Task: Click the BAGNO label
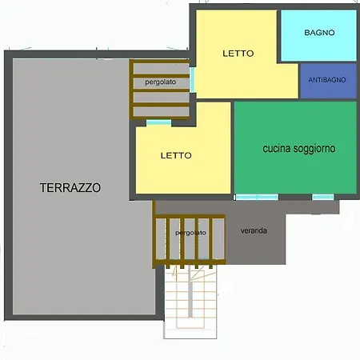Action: tap(319, 33)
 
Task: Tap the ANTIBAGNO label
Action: tap(327, 80)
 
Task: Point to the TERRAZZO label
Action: tap(70, 188)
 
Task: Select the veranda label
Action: tap(254, 230)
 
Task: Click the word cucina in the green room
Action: tap(277, 149)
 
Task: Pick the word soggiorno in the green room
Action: tap(314, 149)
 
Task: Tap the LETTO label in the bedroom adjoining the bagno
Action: tap(238, 54)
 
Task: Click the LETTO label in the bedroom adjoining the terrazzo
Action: tap(176, 155)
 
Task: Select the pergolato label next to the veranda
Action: tap(190, 233)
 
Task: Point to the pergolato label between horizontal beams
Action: tap(161, 82)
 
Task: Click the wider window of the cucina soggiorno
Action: tap(257, 197)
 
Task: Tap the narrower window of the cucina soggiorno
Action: tap(323, 197)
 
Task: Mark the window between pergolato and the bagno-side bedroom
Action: tap(192, 80)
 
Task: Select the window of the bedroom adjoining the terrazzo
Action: tap(158, 122)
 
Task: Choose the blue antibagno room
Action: tap(329, 81)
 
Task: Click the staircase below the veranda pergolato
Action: tap(190, 302)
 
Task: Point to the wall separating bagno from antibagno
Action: tap(318, 62)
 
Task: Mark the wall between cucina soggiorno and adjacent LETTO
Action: tap(233, 148)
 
